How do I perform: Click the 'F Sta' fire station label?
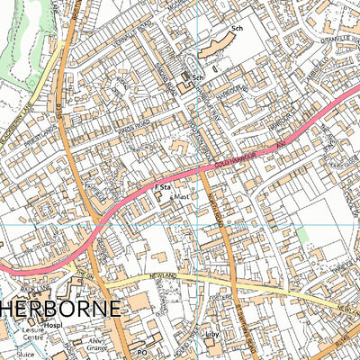[x=162, y=186]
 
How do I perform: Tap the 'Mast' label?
[x=182, y=194]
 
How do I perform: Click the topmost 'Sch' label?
[x=238, y=30]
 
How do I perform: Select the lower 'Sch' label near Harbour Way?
[x=198, y=78]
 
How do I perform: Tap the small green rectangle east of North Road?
[x=302, y=234]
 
